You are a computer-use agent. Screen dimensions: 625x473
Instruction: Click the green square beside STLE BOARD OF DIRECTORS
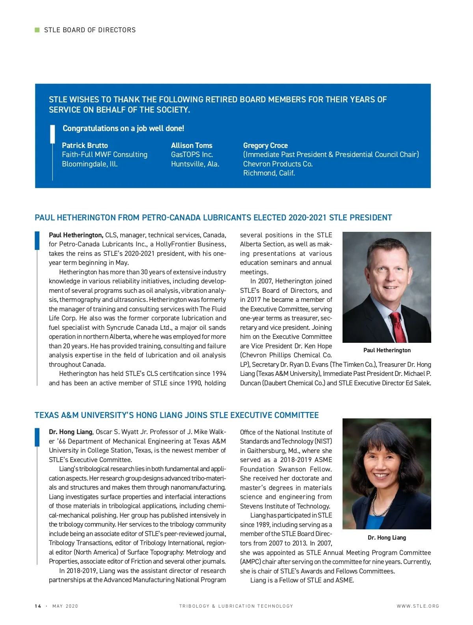(x=37, y=30)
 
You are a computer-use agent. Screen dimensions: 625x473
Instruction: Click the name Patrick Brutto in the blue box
(x=85, y=145)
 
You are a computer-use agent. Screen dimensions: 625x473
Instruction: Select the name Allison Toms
(x=192, y=145)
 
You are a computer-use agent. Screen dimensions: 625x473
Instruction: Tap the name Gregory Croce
(x=265, y=145)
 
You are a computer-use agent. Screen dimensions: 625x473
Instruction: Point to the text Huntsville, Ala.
(x=195, y=164)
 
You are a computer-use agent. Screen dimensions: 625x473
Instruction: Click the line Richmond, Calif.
(x=269, y=173)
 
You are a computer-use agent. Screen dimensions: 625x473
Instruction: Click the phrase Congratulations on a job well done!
(x=123, y=128)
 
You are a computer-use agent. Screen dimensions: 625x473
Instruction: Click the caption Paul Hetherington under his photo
(x=387, y=350)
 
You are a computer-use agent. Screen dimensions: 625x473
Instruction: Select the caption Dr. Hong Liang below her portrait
(x=387, y=538)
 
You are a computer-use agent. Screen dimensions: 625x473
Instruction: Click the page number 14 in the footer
(x=38, y=606)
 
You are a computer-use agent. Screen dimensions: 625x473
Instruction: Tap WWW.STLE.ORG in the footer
(x=418, y=606)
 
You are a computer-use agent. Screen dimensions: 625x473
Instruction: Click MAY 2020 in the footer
(x=65, y=606)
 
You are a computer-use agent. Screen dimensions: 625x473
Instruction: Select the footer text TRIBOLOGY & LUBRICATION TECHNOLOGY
(x=236, y=606)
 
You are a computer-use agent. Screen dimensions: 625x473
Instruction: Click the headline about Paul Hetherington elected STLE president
(x=213, y=218)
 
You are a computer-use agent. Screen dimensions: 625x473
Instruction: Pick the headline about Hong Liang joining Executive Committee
(x=177, y=415)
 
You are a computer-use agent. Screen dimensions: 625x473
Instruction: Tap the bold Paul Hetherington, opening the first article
(x=76, y=235)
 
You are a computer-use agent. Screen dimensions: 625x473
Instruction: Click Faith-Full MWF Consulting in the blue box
(x=104, y=155)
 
